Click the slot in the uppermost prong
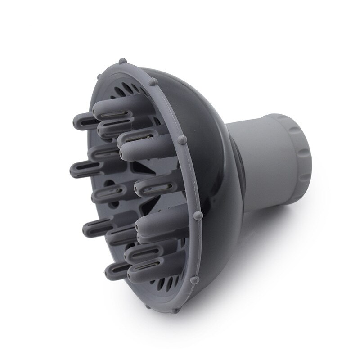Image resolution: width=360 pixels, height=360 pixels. (112, 107)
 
